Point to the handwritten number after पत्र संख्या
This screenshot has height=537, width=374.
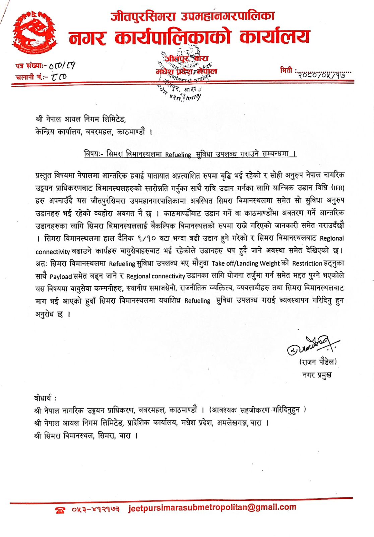62,65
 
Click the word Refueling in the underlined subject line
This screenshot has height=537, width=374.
178,154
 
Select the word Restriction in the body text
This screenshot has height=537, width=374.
307,263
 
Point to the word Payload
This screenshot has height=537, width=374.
61,277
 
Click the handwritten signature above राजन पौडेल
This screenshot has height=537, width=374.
312,345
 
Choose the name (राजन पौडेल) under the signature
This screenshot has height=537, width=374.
317,362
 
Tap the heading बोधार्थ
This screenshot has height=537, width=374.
45,398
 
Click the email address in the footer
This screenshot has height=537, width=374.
212,508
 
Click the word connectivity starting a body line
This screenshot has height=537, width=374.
53,252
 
